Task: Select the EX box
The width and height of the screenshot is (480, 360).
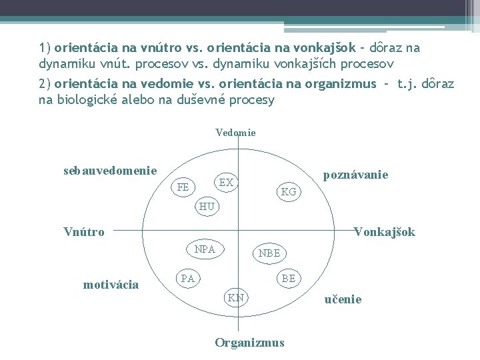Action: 226,182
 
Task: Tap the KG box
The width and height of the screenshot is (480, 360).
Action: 289,192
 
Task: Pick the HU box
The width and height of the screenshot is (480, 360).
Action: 207,206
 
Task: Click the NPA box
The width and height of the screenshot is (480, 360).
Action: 205,249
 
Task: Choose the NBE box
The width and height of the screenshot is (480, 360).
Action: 269,253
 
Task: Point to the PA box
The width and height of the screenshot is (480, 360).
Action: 188,278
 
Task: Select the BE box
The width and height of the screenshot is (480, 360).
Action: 288,278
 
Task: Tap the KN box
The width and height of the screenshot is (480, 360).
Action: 235,297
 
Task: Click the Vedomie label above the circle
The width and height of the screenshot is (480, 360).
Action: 235,133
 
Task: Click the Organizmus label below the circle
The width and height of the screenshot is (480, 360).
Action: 249,343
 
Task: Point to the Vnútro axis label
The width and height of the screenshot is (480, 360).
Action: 84,232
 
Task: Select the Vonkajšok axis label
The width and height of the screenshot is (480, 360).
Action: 384,232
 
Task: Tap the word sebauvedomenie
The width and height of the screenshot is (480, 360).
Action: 110,170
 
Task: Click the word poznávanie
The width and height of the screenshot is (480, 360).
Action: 355,175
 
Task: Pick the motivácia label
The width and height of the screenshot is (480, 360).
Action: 111,285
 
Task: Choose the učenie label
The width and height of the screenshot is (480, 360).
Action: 343,299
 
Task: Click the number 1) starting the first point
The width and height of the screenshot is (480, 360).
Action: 45,48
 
